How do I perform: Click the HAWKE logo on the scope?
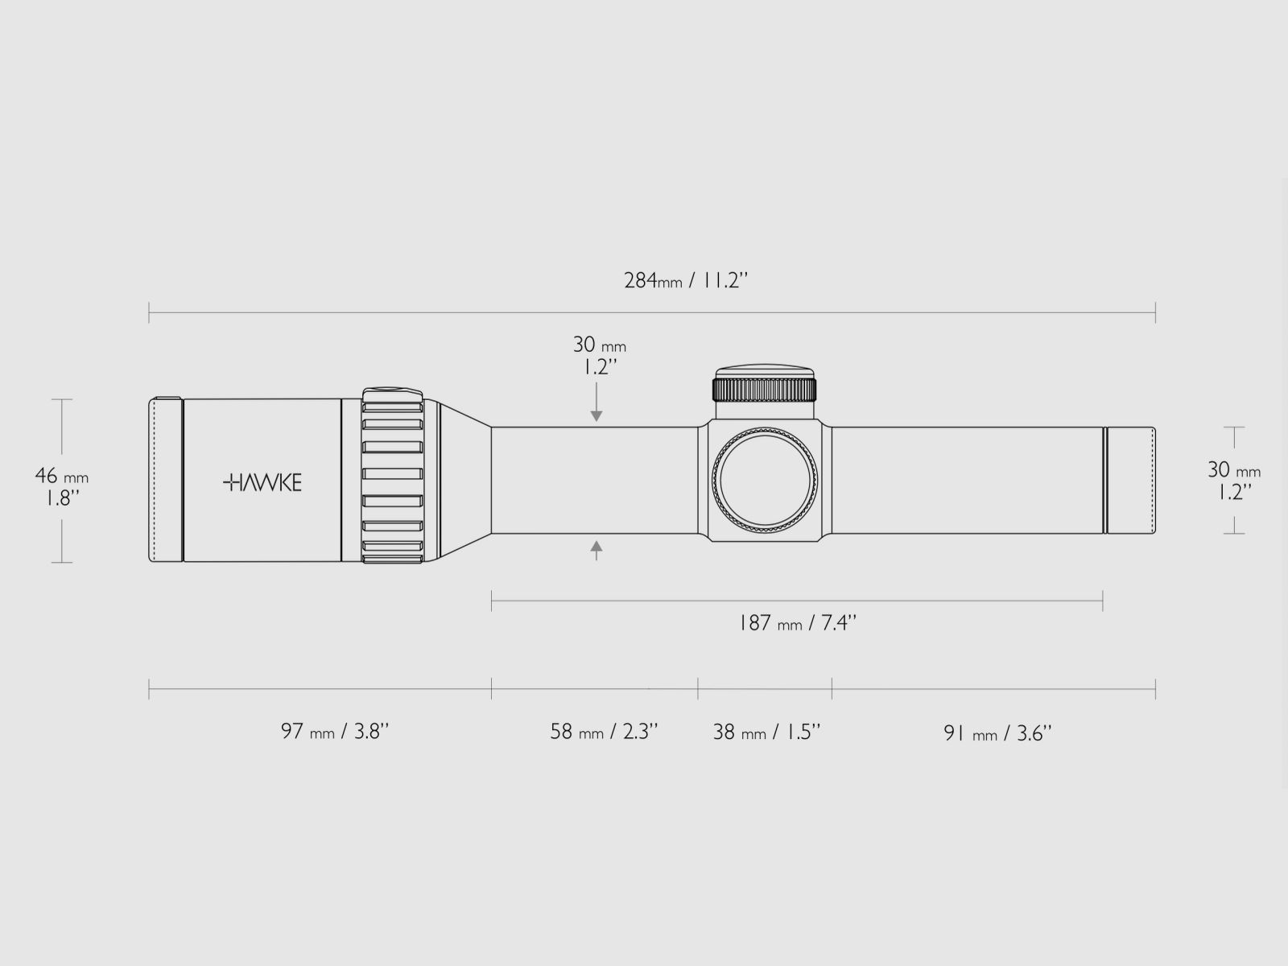coord(262,483)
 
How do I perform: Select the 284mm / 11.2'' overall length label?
coord(686,280)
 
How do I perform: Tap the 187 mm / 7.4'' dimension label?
coord(797,622)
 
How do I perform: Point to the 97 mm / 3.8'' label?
coord(334,732)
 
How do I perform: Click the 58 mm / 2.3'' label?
coord(604,732)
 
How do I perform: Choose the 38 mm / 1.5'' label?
coord(766,732)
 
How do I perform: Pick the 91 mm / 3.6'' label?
coord(997,733)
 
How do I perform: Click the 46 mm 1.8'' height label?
coord(62,486)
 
